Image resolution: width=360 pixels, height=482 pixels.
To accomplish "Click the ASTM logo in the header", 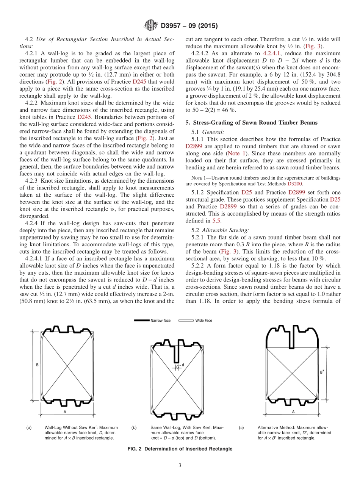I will (151, 26).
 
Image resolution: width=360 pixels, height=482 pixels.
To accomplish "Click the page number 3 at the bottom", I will (180, 465).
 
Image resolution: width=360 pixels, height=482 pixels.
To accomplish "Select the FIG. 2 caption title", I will (180, 449).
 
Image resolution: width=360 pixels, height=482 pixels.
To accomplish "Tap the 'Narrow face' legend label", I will (161, 321).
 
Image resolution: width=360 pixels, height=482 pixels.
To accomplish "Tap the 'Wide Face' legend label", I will (203, 321).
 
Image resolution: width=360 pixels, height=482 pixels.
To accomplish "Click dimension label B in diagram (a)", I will (37, 365).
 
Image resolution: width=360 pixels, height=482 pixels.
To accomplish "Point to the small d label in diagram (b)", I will (183, 365).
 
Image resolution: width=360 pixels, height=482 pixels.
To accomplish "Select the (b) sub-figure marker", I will (134, 428).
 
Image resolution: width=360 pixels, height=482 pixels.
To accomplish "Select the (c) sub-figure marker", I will (241, 428).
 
